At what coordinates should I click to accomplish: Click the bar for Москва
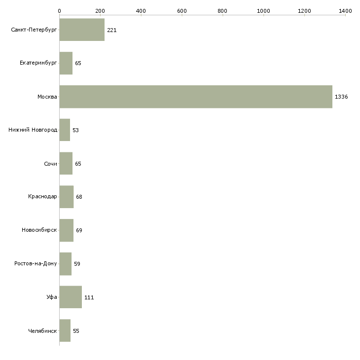pos(196,97)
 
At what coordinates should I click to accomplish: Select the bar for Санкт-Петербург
pos(82,30)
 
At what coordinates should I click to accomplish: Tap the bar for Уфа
pos(71,297)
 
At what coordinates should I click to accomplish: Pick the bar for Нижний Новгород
pos(65,130)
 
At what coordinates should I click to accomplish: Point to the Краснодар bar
pos(67,197)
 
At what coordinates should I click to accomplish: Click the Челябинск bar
pos(65,330)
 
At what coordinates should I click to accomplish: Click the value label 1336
pos(341,97)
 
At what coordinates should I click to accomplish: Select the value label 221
pos(111,30)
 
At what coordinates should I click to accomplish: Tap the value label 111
pos(89,297)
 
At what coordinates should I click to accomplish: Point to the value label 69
pos(79,230)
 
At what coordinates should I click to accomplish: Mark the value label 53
pos(75,130)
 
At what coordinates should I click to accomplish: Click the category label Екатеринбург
pos(38,63)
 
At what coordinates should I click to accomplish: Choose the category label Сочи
pos(50,164)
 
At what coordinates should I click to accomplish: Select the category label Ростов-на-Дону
pos(36,263)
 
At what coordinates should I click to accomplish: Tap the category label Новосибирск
pos(39,230)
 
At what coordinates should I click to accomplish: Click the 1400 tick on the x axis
pos(345,10)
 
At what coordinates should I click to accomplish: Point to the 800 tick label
pos(223,10)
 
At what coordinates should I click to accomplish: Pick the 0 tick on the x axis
pos(59,10)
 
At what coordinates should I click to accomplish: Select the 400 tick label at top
pos(141,10)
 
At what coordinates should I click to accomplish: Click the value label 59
pos(77,264)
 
